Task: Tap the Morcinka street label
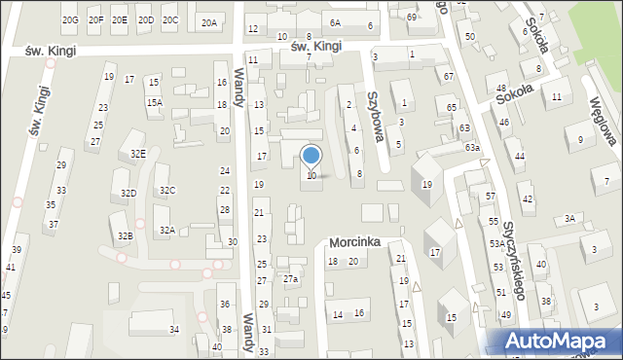(x=352, y=241)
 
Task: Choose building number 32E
(x=138, y=154)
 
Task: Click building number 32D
(x=128, y=194)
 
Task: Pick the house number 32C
(x=167, y=190)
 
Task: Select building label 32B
(x=125, y=236)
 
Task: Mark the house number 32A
(x=167, y=231)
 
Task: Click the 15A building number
(x=154, y=102)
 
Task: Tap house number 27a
(x=290, y=279)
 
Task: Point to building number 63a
(x=471, y=147)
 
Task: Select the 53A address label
(x=497, y=243)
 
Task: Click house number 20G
(x=70, y=20)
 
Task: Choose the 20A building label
(x=209, y=22)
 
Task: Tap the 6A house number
(x=335, y=22)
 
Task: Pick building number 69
(x=412, y=18)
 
